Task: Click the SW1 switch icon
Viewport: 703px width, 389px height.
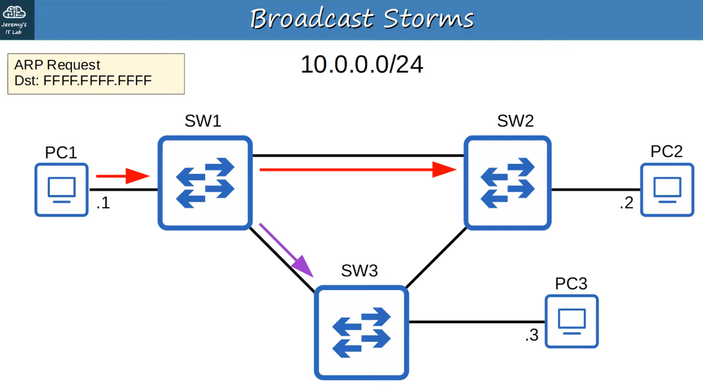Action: pyautogui.click(x=205, y=183)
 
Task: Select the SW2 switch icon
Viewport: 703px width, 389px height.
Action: pyautogui.click(x=507, y=183)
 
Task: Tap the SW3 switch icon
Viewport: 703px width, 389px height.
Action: pyautogui.click(x=361, y=332)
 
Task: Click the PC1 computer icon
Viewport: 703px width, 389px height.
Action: pyautogui.click(x=62, y=190)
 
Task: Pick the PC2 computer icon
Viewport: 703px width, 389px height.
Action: pyautogui.click(x=667, y=190)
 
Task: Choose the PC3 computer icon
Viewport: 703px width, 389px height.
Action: pyautogui.click(x=572, y=321)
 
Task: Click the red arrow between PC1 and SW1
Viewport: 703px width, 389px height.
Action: pyautogui.click(x=123, y=176)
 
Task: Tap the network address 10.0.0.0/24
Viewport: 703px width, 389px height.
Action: pyautogui.click(x=362, y=65)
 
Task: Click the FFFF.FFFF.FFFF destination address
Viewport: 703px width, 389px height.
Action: pyautogui.click(x=97, y=81)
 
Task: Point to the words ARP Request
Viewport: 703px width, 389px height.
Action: pyautogui.click(x=57, y=65)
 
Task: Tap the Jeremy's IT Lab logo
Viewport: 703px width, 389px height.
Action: pyautogui.click(x=14, y=20)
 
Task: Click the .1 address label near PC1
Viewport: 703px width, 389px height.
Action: pyautogui.click(x=103, y=203)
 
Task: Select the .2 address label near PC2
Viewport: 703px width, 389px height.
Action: pyautogui.click(x=626, y=203)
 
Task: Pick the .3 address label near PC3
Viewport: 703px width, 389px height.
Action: pyautogui.click(x=532, y=335)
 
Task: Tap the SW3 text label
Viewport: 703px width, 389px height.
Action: pyautogui.click(x=359, y=271)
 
